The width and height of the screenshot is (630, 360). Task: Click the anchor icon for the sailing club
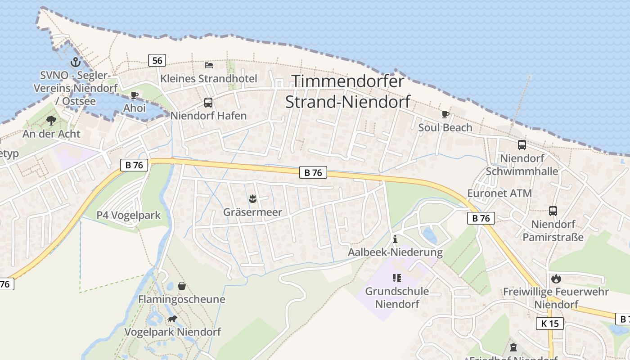(76, 63)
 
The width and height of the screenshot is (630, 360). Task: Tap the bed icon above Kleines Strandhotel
(209, 65)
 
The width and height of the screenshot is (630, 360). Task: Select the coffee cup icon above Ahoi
(134, 95)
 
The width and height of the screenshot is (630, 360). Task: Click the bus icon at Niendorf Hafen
(208, 102)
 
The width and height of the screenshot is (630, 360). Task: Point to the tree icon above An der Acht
(51, 120)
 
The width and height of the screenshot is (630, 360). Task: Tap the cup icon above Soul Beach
(445, 114)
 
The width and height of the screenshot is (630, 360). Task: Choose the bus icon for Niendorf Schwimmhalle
(522, 145)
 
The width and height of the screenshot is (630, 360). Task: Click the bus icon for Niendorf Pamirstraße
(553, 211)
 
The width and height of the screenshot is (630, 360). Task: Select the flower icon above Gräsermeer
(252, 198)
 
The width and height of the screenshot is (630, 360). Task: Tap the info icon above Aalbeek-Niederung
(395, 239)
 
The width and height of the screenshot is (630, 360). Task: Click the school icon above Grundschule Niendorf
(396, 278)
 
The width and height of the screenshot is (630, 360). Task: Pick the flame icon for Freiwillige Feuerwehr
(556, 279)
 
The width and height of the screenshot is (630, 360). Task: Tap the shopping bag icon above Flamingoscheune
(181, 286)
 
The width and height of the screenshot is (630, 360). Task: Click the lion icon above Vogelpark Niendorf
(172, 319)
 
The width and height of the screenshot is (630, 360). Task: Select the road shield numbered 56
(157, 60)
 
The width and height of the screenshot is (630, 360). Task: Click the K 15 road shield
(550, 323)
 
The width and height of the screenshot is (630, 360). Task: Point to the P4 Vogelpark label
(129, 215)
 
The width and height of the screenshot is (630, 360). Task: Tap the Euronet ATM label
(499, 193)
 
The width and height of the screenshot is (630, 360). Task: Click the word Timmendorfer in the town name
(348, 81)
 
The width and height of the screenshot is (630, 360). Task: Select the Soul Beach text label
(445, 127)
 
